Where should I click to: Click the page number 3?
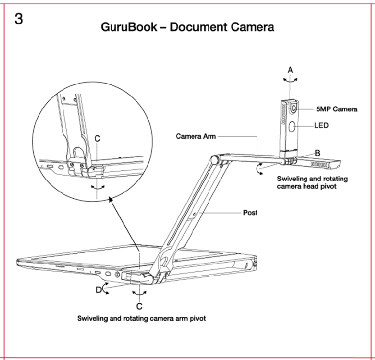(18, 19)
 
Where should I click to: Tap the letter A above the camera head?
(290, 69)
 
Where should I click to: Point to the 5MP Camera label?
(336, 109)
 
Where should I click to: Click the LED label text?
(321, 126)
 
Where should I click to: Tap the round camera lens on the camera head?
(293, 109)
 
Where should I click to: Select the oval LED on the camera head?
(292, 127)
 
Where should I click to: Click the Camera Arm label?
(196, 136)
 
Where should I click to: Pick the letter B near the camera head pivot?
(317, 153)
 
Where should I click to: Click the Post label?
(250, 213)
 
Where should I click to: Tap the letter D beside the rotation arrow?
(99, 290)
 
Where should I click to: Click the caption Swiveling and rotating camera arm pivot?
(142, 319)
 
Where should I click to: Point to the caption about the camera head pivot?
(312, 182)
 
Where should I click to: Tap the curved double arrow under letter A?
(290, 79)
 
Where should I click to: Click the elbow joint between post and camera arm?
(215, 159)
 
